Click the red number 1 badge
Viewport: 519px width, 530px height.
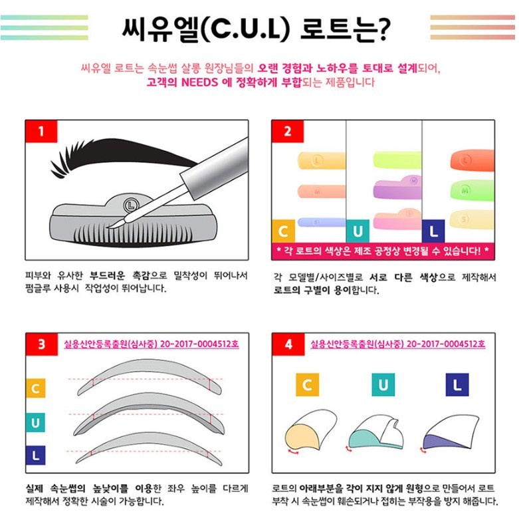point(41,131)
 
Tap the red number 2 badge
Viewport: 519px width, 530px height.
point(287,131)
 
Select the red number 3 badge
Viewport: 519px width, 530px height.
point(42,344)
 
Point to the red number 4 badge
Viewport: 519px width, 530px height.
point(288,344)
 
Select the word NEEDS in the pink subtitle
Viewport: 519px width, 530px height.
point(199,82)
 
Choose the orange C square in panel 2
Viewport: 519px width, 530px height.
point(283,231)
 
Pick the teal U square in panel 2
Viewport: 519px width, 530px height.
point(358,231)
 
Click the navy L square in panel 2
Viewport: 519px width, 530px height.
point(433,231)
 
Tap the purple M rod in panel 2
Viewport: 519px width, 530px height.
point(397,188)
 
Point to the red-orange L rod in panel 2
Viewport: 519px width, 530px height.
point(472,160)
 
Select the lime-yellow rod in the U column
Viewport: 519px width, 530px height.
point(397,160)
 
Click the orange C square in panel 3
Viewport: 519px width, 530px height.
point(35,388)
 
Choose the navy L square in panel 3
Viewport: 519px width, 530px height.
point(35,456)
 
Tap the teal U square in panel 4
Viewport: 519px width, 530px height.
point(383,384)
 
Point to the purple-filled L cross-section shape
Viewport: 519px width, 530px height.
point(444,442)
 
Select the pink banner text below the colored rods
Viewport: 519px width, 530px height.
point(383,251)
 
